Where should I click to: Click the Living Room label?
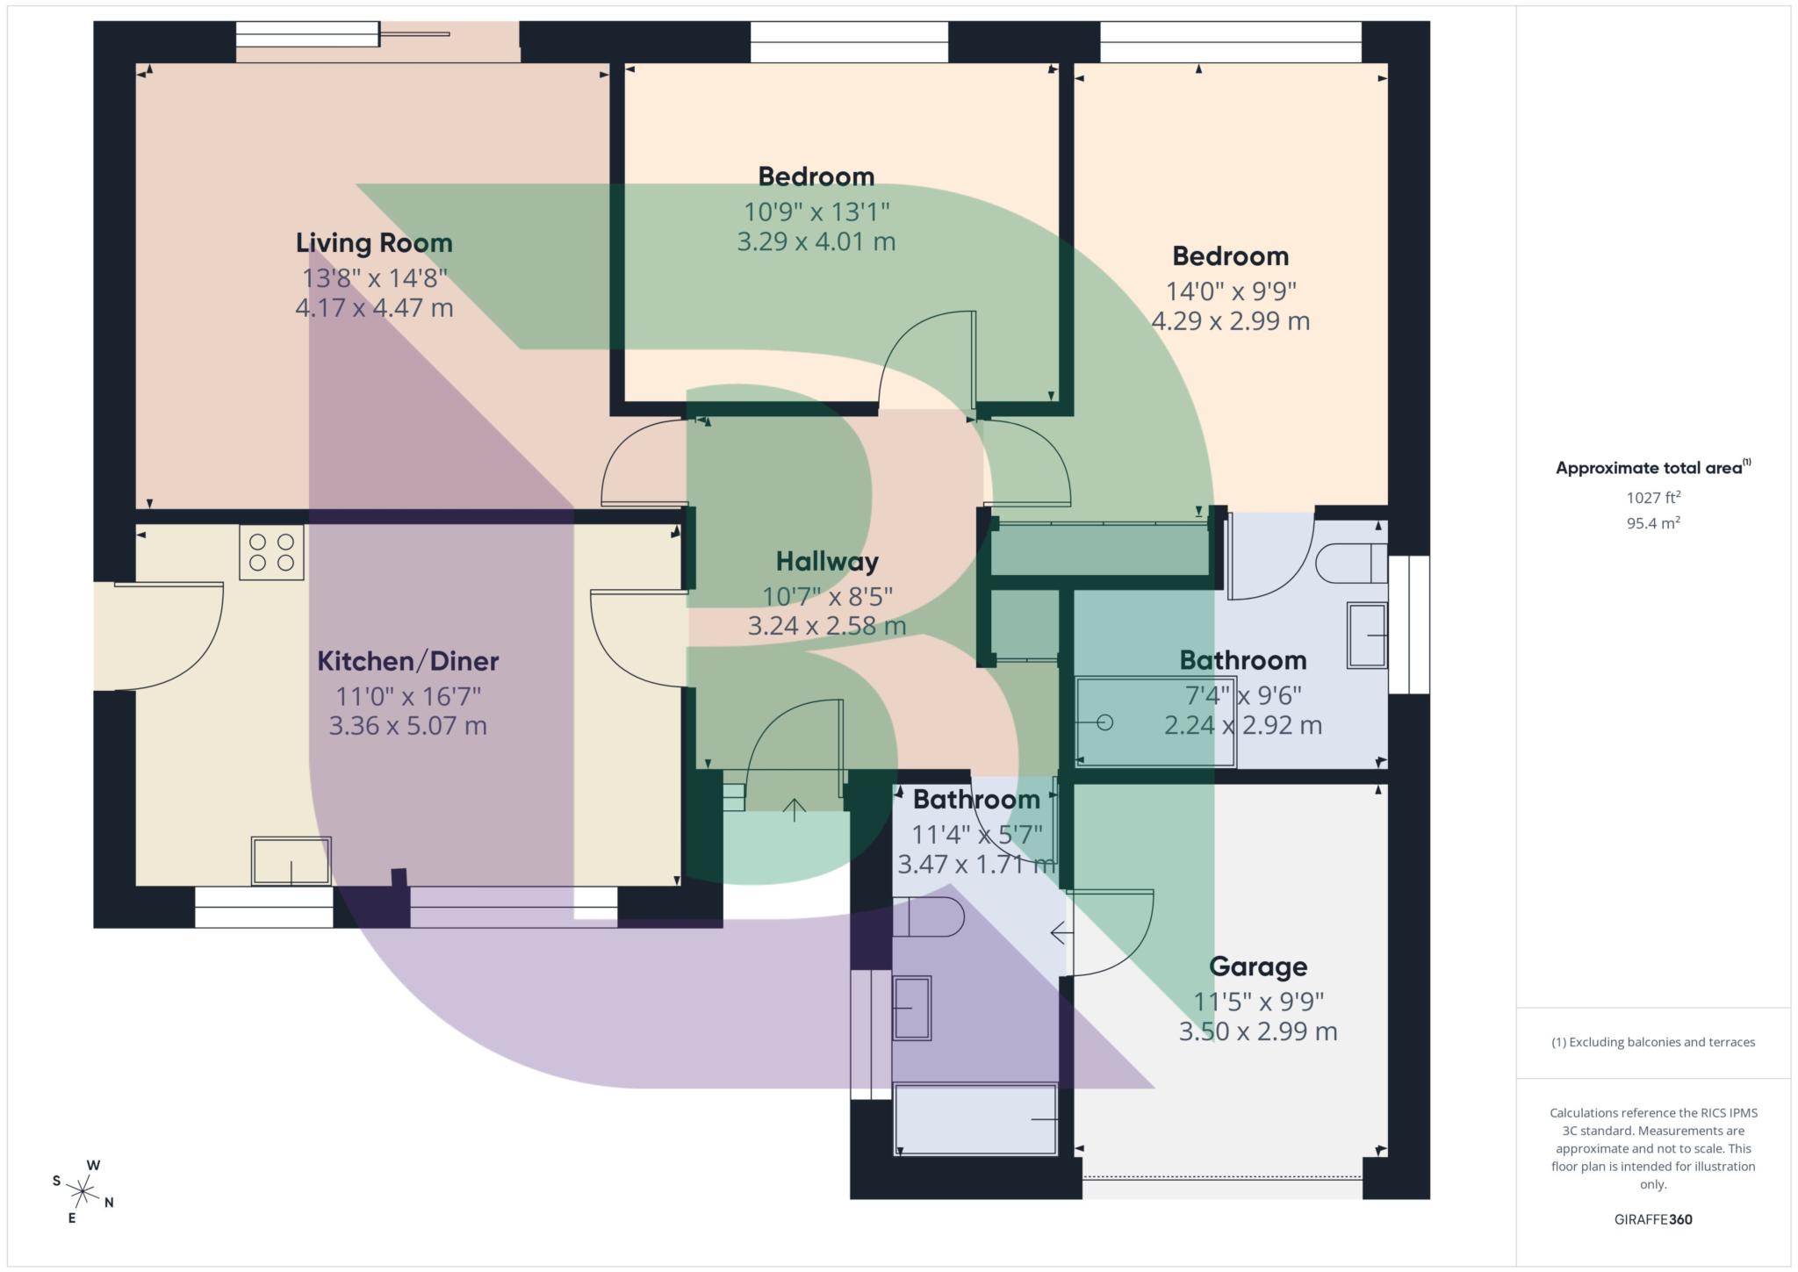coord(374,242)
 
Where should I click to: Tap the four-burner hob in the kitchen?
coord(271,552)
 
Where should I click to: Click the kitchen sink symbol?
coord(291,860)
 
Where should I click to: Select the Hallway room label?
coord(827,562)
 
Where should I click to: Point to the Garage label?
coord(1258,967)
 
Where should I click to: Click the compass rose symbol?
coord(83,1191)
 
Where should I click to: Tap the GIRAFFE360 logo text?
coord(1652,1219)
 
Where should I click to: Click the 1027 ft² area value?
coord(1652,498)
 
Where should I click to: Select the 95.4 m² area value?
coord(1652,523)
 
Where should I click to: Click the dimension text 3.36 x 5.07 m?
coord(407,726)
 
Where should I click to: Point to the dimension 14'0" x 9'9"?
coord(1230,291)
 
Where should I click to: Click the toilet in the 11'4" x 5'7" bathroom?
coord(928,916)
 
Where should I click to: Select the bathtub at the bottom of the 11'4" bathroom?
coord(975,1119)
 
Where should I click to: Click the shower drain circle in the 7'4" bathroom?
coord(1105,722)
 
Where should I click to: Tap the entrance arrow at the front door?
coord(795,809)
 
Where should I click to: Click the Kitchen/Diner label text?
coord(407,661)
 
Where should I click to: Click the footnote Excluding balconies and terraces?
coord(1652,1042)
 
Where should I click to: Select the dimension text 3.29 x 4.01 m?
coord(816,241)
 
